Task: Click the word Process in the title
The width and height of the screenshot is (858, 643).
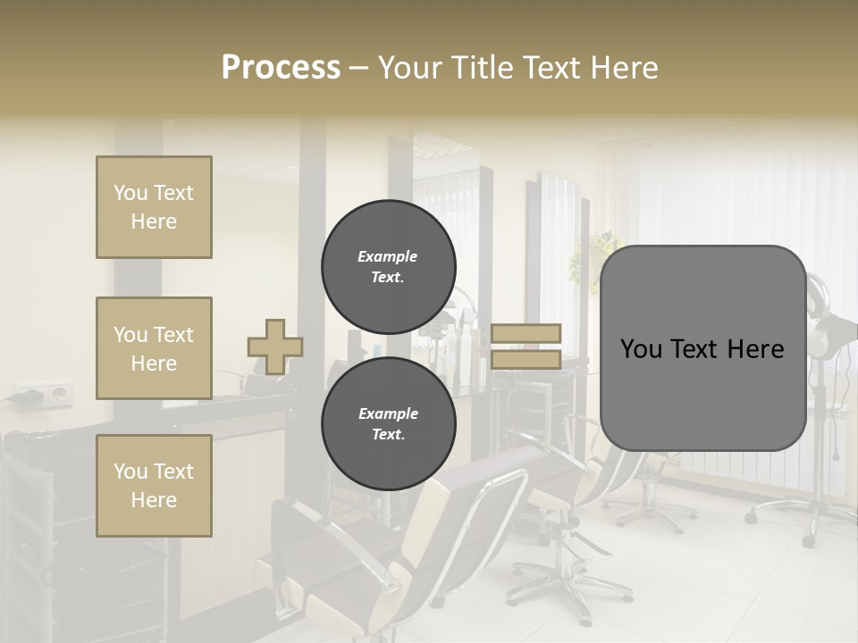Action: point(281,68)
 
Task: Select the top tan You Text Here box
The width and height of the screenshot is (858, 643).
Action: point(154,207)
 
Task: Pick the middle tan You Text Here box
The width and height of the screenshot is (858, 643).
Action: point(154,348)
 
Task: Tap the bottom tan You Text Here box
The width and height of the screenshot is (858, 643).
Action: point(154,486)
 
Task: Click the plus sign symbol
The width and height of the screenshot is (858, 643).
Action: point(275,347)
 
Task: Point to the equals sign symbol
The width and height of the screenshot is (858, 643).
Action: point(526,347)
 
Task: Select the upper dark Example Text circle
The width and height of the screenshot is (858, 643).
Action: point(388,267)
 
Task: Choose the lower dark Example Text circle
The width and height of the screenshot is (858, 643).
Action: point(388,424)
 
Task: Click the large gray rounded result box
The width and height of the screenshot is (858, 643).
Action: point(702,348)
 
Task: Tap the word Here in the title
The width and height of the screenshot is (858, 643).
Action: point(624,68)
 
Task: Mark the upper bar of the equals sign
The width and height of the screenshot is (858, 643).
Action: point(526,334)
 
